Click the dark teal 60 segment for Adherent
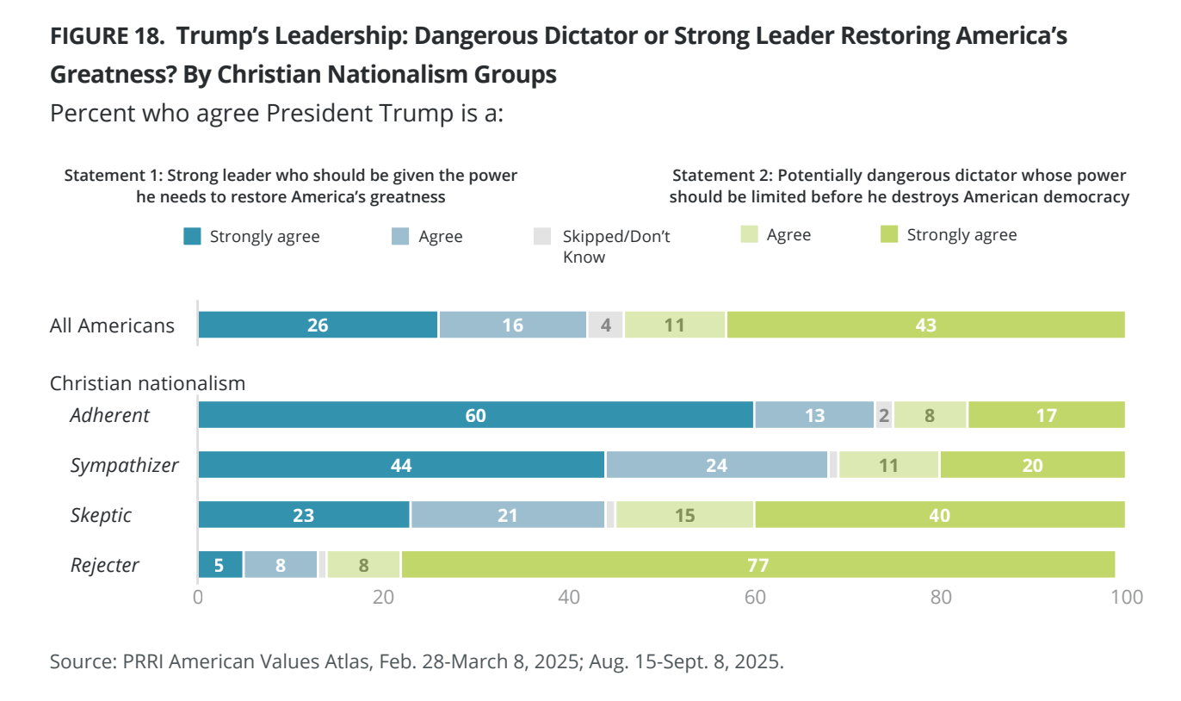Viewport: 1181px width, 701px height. click(x=476, y=415)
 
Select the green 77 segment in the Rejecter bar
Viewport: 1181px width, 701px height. click(x=757, y=565)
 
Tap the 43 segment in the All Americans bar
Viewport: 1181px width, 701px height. click(x=925, y=325)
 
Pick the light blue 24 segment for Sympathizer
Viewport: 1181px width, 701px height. click(x=717, y=465)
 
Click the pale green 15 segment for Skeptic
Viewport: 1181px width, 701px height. click(x=685, y=515)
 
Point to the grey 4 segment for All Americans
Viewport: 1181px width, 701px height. click(x=605, y=325)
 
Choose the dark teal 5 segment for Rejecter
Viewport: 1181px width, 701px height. click(x=220, y=565)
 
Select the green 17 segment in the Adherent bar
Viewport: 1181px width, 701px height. click(x=1046, y=415)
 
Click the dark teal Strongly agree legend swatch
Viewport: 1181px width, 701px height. click(x=193, y=236)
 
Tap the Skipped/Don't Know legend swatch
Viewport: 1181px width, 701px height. click(x=541, y=236)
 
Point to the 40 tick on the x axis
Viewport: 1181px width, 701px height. click(x=569, y=597)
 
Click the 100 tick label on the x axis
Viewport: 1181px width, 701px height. click(x=1125, y=597)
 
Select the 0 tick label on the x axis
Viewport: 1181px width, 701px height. click(x=198, y=597)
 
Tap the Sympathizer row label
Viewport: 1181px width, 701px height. click(x=124, y=465)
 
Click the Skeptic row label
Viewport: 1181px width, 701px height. click(x=101, y=515)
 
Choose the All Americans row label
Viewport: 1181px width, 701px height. click(x=112, y=326)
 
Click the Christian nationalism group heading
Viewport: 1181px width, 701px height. click(x=147, y=383)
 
